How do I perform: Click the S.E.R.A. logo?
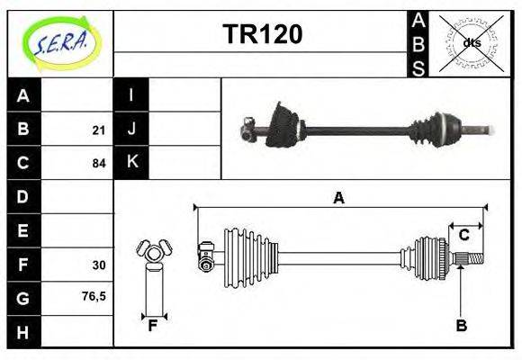pyautogui.click(x=59, y=42)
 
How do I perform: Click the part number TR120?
pyautogui.click(x=262, y=35)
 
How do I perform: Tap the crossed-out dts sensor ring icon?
pyautogui.click(x=472, y=42)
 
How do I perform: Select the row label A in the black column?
pyautogui.click(x=23, y=95)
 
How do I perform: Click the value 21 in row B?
pyautogui.click(x=98, y=130)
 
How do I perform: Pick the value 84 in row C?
pyautogui.click(x=98, y=164)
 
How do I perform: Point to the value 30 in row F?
pyautogui.click(x=98, y=265)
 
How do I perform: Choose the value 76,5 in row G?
pyautogui.click(x=94, y=295)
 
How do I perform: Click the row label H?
pyautogui.click(x=23, y=332)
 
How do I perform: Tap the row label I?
pyautogui.click(x=131, y=95)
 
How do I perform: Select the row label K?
pyautogui.click(x=131, y=163)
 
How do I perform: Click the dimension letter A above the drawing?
pyautogui.click(x=338, y=199)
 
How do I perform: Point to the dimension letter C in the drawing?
pyautogui.click(x=464, y=236)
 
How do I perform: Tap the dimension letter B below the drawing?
pyautogui.click(x=461, y=327)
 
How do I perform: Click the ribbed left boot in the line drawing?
pyautogui.click(x=247, y=250)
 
